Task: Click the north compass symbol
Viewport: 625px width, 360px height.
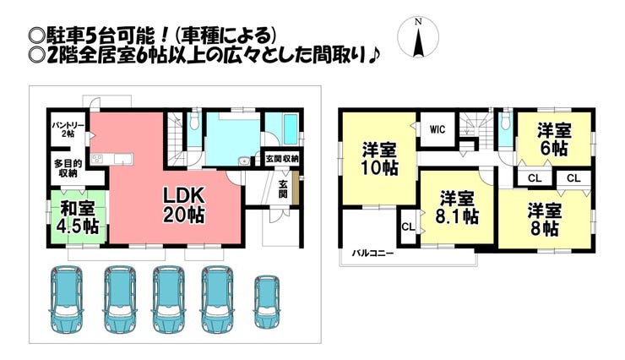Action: tap(418, 38)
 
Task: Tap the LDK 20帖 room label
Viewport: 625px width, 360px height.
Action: tap(184, 205)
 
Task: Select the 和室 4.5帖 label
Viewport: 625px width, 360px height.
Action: tap(78, 217)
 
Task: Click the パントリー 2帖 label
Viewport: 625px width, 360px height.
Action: tap(68, 129)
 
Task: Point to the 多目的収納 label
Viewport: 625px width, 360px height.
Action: tap(68, 168)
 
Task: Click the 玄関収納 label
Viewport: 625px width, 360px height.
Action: tap(282, 159)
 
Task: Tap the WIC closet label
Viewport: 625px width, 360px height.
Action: tap(437, 129)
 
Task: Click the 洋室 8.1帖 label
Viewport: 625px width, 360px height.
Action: tap(457, 207)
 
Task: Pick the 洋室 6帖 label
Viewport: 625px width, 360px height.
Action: tap(554, 139)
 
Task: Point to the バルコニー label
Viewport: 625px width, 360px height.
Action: tap(372, 254)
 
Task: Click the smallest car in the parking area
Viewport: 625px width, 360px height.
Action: tap(267, 301)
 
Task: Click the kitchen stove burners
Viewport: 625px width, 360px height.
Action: tap(97, 160)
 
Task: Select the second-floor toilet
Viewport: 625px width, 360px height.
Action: tap(505, 121)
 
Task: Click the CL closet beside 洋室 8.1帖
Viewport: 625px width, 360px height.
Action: tap(408, 226)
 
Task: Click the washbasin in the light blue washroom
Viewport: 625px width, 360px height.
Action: tap(243, 161)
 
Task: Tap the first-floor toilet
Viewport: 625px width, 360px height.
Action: tap(194, 121)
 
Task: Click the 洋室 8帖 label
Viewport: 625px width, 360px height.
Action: tap(544, 220)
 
